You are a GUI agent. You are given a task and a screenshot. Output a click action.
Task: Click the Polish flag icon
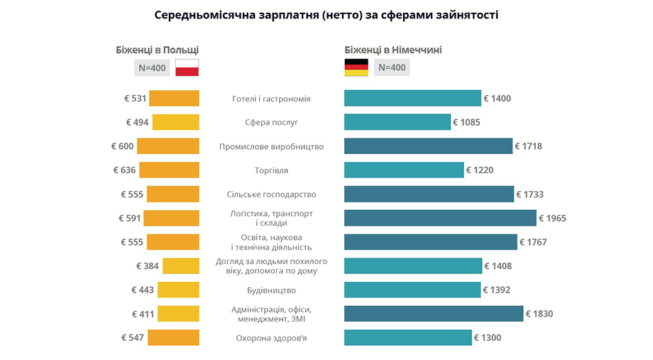tap(187, 67)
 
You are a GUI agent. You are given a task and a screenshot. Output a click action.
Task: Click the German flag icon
tap(356, 67)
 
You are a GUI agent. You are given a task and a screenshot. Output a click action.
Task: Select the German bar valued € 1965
tap(439, 218)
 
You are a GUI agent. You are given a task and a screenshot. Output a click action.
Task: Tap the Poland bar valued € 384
tap(181, 266)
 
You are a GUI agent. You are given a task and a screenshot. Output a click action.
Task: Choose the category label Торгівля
tap(271, 170)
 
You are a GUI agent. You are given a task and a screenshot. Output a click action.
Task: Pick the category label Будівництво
tap(271, 290)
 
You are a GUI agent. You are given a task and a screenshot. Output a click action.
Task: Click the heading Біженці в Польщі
tap(157, 50)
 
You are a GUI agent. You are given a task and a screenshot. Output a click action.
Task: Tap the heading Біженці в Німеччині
tap(393, 50)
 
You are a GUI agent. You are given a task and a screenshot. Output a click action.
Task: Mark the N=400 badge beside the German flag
tap(392, 67)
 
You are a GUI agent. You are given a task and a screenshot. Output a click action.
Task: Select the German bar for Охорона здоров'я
tap(407, 338)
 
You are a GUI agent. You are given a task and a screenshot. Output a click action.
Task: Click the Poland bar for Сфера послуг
tap(175, 122)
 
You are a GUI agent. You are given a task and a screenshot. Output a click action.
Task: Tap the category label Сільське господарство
tap(271, 195)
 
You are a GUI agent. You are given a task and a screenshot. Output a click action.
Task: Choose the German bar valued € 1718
tap(428, 146)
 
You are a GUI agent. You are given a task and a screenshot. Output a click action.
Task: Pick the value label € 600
tap(122, 146)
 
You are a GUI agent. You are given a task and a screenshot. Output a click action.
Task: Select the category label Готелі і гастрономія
tap(271, 99)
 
